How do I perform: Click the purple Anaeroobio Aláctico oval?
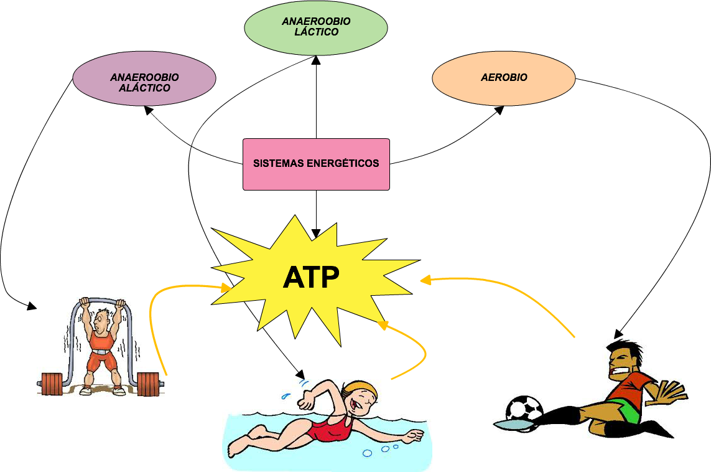pyautogui.click(x=144, y=78)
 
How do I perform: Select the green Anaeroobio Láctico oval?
pyautogui.click(x=316, y=27)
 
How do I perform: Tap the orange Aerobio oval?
pyautogui.click(x=504, y=78)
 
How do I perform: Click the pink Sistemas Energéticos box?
pyautogui.click(x=316, y=164)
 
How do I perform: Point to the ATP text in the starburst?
pyautogui.click(x=311, y=278)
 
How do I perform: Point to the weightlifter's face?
pyautogui.click(x=100, y=322)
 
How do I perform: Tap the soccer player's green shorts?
pyautogui.click(x=628, y=411)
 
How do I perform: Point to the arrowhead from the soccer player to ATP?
pyautogui.click(x=425, y=280)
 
